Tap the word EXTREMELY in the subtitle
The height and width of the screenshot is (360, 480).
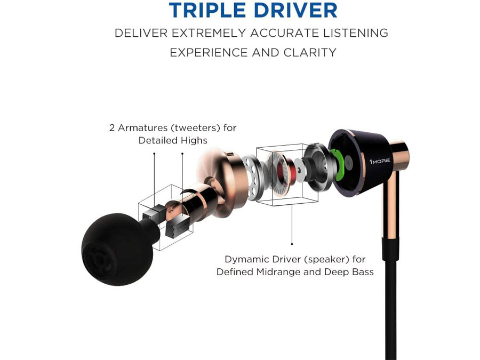point(209,33)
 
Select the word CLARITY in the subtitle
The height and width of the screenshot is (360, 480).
point(310,52)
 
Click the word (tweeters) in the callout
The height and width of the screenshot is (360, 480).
point(195,127)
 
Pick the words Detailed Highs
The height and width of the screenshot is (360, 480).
point(173,140)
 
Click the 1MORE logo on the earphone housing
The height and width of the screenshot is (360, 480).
point(380,161)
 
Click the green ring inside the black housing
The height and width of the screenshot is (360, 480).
point(338,164)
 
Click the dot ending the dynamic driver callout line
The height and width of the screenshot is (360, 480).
point(292,244)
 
